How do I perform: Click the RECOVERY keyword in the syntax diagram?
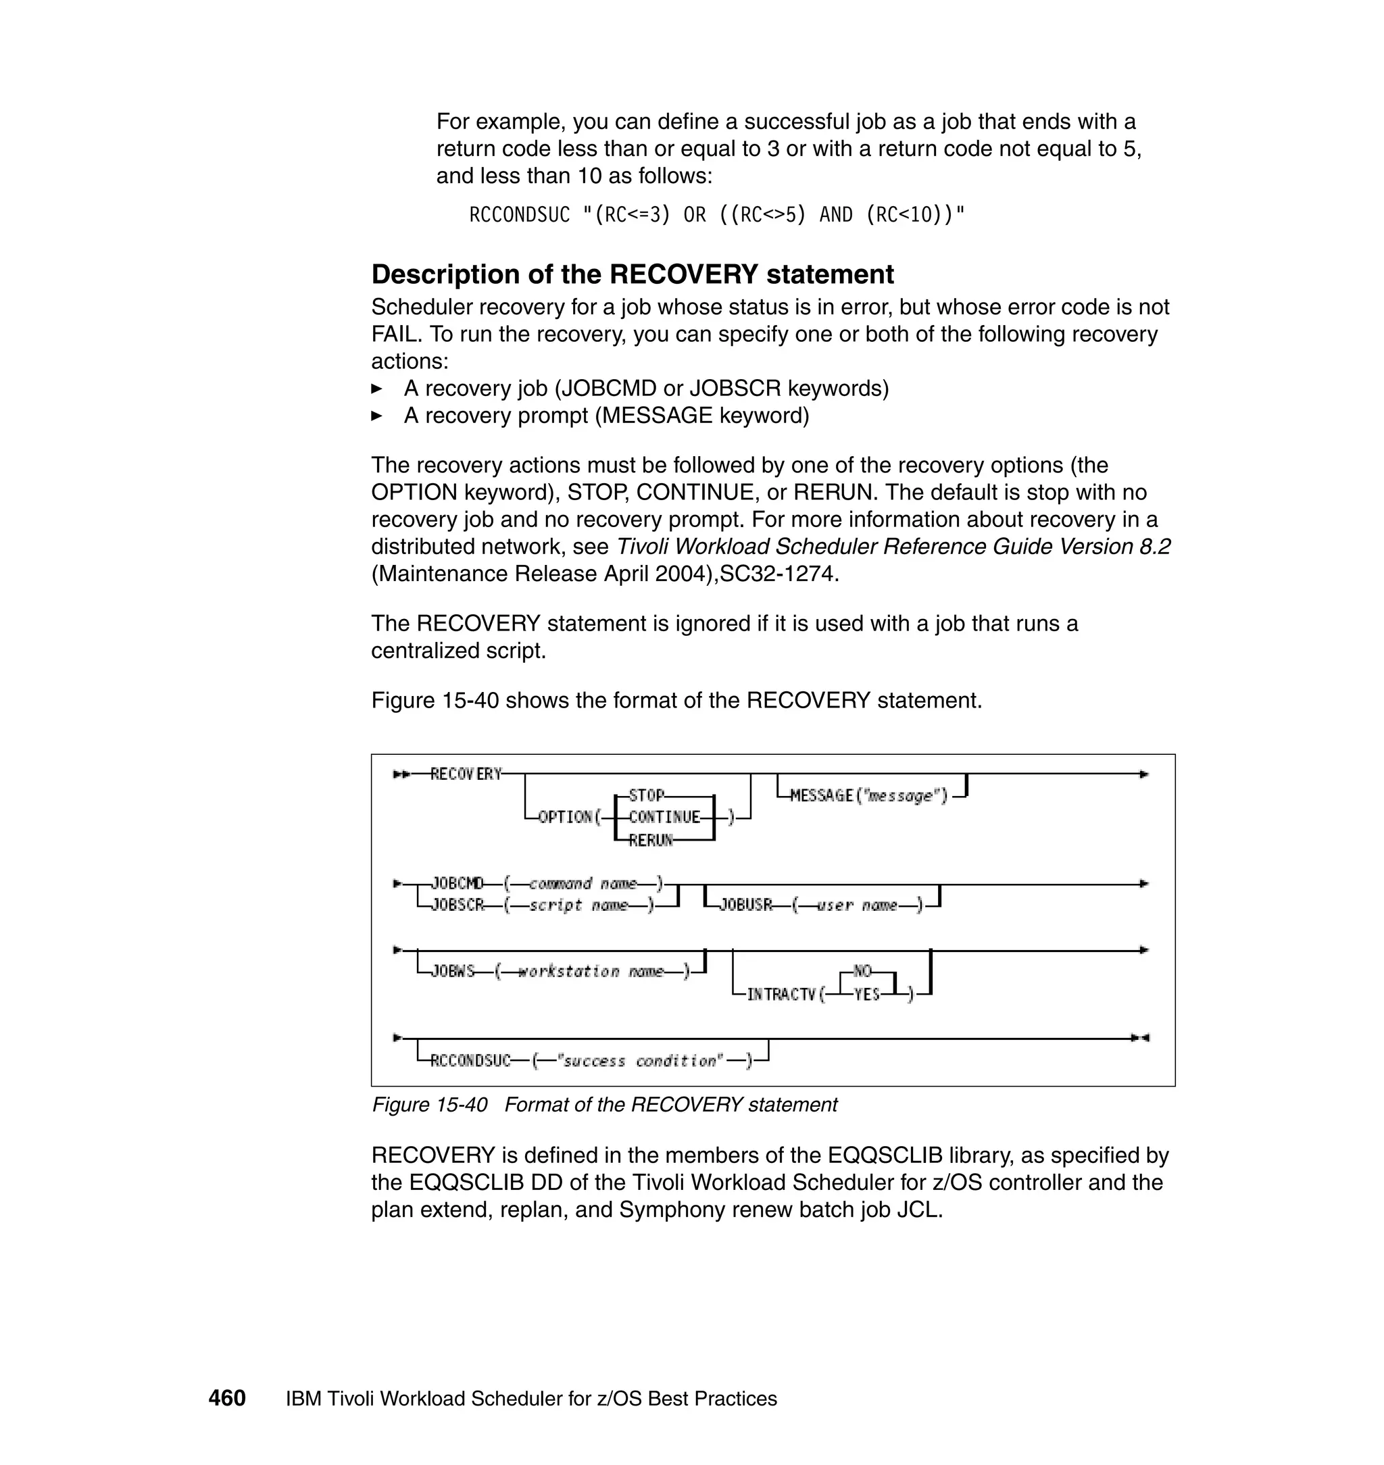click(x=466, y=774)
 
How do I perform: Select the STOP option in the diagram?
click(x=646, y=795)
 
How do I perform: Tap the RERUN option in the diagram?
click(x=651, y=839)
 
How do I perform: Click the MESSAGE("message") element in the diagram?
click(x=868, y=795)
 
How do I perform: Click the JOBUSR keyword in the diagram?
click(x=745, y=905)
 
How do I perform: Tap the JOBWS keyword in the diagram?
click(x=452, y=972)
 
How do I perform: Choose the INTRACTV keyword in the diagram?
click(x=781, y=995)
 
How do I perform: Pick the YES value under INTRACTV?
click(x=867, y=995)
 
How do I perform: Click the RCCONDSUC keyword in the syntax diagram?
click(x=470, y=1061)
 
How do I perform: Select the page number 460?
click(x=226, y=1399)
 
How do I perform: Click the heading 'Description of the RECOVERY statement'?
click(x=633, y=274)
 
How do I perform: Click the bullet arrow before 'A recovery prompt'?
click(x=376, y=416)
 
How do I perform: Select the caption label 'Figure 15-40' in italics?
click(x=429, y=1105)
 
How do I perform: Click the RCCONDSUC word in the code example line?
click(x=520, y=215)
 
